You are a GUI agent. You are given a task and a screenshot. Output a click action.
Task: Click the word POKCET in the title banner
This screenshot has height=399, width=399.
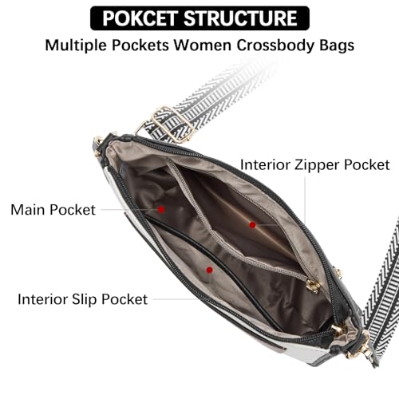click(x=140, y=18)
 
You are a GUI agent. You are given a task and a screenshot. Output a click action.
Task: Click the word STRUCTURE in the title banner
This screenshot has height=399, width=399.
click(x=240, y=18)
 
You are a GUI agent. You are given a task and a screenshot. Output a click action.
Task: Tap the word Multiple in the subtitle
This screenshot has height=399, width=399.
click(x=76, y=45)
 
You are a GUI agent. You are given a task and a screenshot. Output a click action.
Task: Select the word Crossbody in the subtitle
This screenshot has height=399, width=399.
click(x=275, y=45)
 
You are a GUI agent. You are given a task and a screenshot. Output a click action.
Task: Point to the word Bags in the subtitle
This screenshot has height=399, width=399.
click(x=337, y=45)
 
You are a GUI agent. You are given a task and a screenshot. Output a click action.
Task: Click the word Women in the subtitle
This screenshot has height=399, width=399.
click(x=203, y=45)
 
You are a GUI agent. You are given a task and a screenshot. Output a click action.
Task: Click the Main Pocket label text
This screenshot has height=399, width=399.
click(x=53, y=210)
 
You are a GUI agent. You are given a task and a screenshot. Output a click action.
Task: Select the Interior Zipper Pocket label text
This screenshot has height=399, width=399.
click(x=315, y=165)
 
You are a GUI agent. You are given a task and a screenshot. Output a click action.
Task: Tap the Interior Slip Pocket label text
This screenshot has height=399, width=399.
click(x=82, y=299)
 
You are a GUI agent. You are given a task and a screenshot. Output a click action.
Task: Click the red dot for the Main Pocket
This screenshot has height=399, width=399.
click(x=161, y=209)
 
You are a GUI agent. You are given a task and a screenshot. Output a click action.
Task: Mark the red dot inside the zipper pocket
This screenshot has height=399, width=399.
click(x=252, y=225)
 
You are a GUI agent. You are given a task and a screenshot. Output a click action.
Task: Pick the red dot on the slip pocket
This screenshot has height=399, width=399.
click(x=210, y=270)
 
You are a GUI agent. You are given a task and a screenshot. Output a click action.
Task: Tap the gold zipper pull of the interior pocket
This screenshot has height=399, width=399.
click(x=314, y=286)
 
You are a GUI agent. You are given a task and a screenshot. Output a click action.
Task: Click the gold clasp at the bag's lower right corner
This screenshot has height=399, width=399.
click(x=358, y=346)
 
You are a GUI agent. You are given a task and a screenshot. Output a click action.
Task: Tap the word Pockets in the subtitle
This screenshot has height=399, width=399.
click(x=140, y=45)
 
